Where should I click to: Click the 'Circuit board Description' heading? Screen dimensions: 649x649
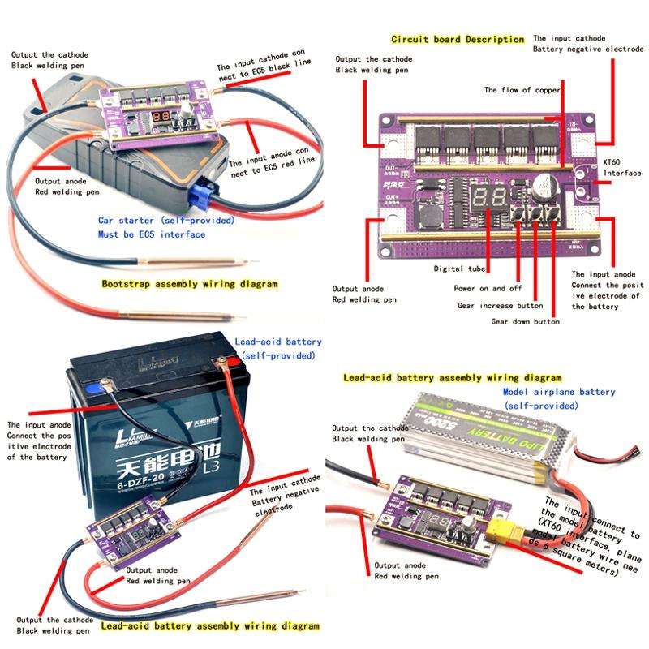458,39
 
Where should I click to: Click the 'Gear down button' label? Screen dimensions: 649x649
525,321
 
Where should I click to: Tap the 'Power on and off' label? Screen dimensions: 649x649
487,288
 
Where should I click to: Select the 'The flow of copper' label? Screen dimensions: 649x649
522,90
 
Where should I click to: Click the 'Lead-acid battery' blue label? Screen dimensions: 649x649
278,342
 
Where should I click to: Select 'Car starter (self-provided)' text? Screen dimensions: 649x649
166,220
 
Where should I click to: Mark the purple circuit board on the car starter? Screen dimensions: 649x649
157,111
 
